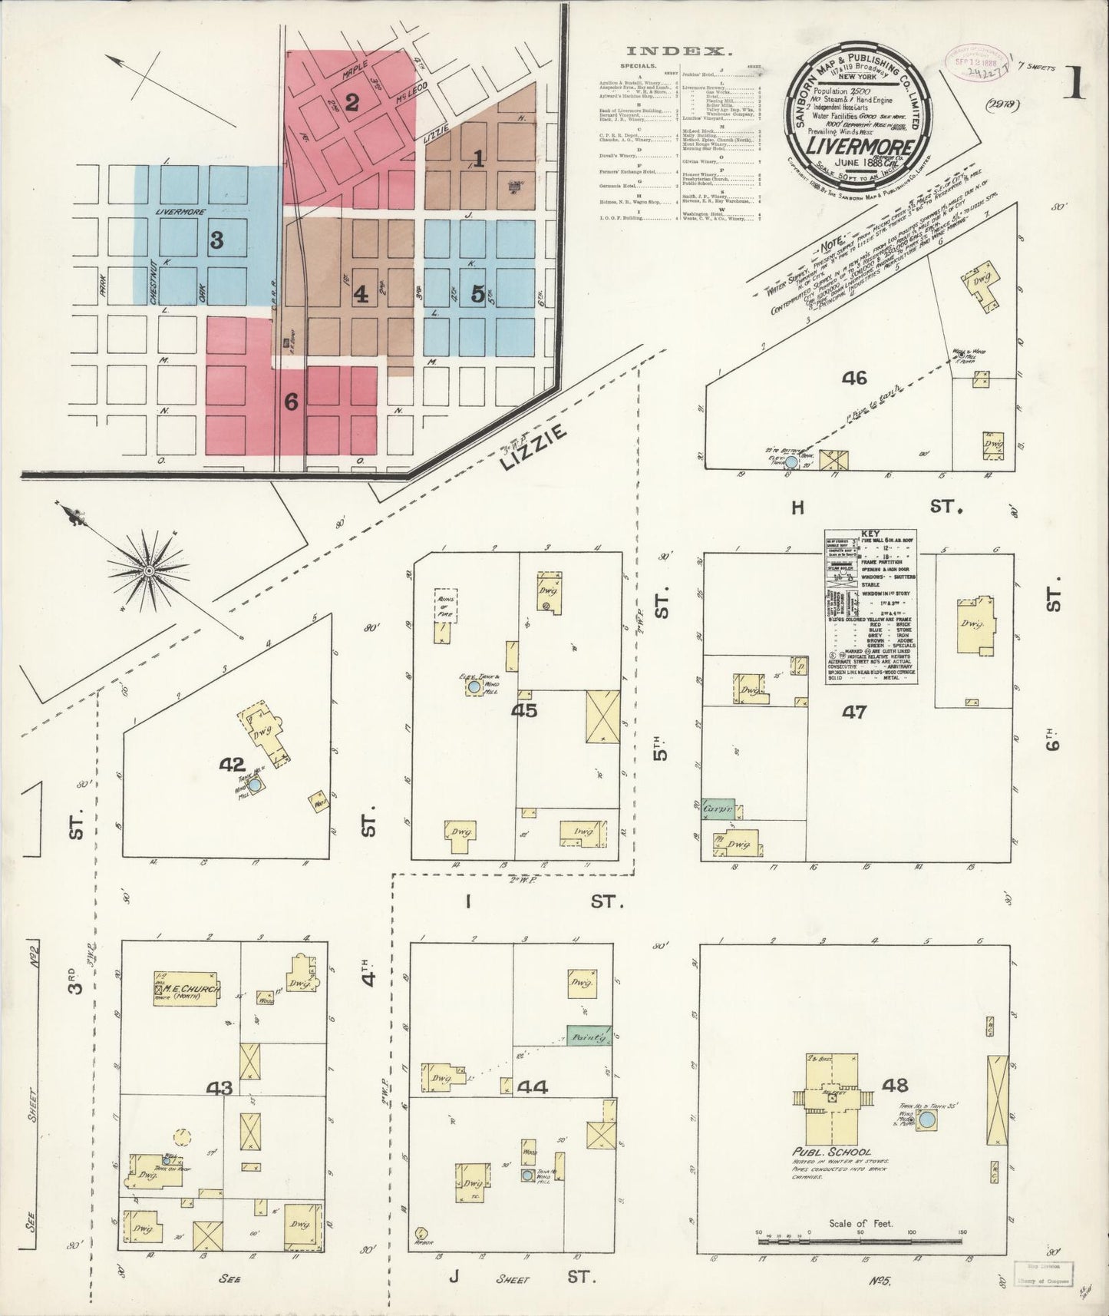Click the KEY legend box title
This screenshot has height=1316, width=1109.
[x=871, y=532]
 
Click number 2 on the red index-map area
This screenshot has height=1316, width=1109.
[x=352, y=101]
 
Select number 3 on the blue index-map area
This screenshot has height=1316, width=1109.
[x=217, y=240]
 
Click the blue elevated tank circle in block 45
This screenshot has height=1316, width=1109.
[x=474, y=688]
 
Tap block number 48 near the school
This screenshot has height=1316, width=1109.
[x=896, y=1085]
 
